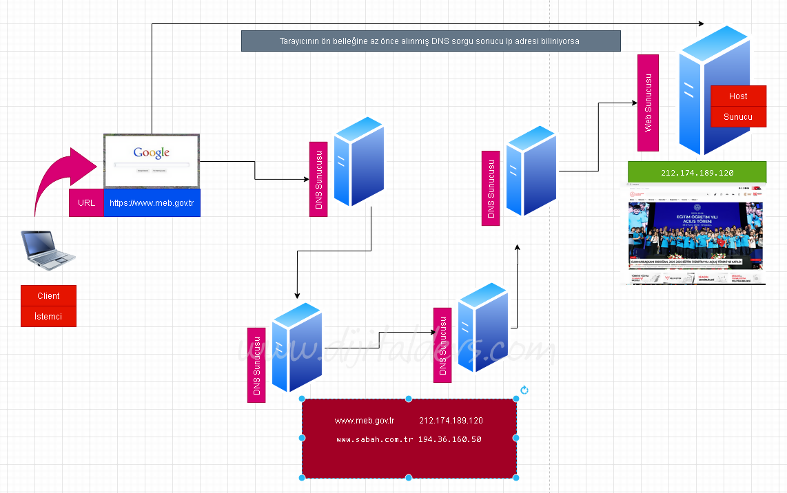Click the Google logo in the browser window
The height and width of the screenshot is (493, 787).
(x=152, y=153)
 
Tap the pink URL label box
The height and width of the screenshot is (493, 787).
(x=87, y=203)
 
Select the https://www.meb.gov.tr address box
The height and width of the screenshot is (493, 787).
(x=152, y=203)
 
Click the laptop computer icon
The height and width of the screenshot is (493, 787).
(x=48, y=249)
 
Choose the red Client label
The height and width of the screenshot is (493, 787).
(x=48, y=295)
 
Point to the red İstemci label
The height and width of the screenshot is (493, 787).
(x=48, y=316)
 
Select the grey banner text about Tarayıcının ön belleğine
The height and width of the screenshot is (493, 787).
(x=431, y=41)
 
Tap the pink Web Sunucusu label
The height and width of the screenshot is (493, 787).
(x=648, y=103)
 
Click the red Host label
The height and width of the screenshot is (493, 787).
(x=738, y=96)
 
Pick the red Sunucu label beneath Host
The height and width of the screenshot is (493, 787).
(x=738, y=116)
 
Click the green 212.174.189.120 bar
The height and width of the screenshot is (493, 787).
(x=697, y=172)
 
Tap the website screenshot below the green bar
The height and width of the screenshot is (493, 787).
(x=696, y=234)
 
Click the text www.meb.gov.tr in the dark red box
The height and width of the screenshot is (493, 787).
(x=365, y=421)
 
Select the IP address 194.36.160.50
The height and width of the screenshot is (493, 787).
(x=449, y=439)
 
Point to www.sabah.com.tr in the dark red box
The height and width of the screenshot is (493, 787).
(x=375, y=439)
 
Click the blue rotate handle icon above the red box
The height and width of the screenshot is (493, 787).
(x=524, y=390)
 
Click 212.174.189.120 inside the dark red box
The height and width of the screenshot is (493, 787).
(x=451, y=421)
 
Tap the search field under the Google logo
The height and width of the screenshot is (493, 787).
(x=152, y=165)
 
